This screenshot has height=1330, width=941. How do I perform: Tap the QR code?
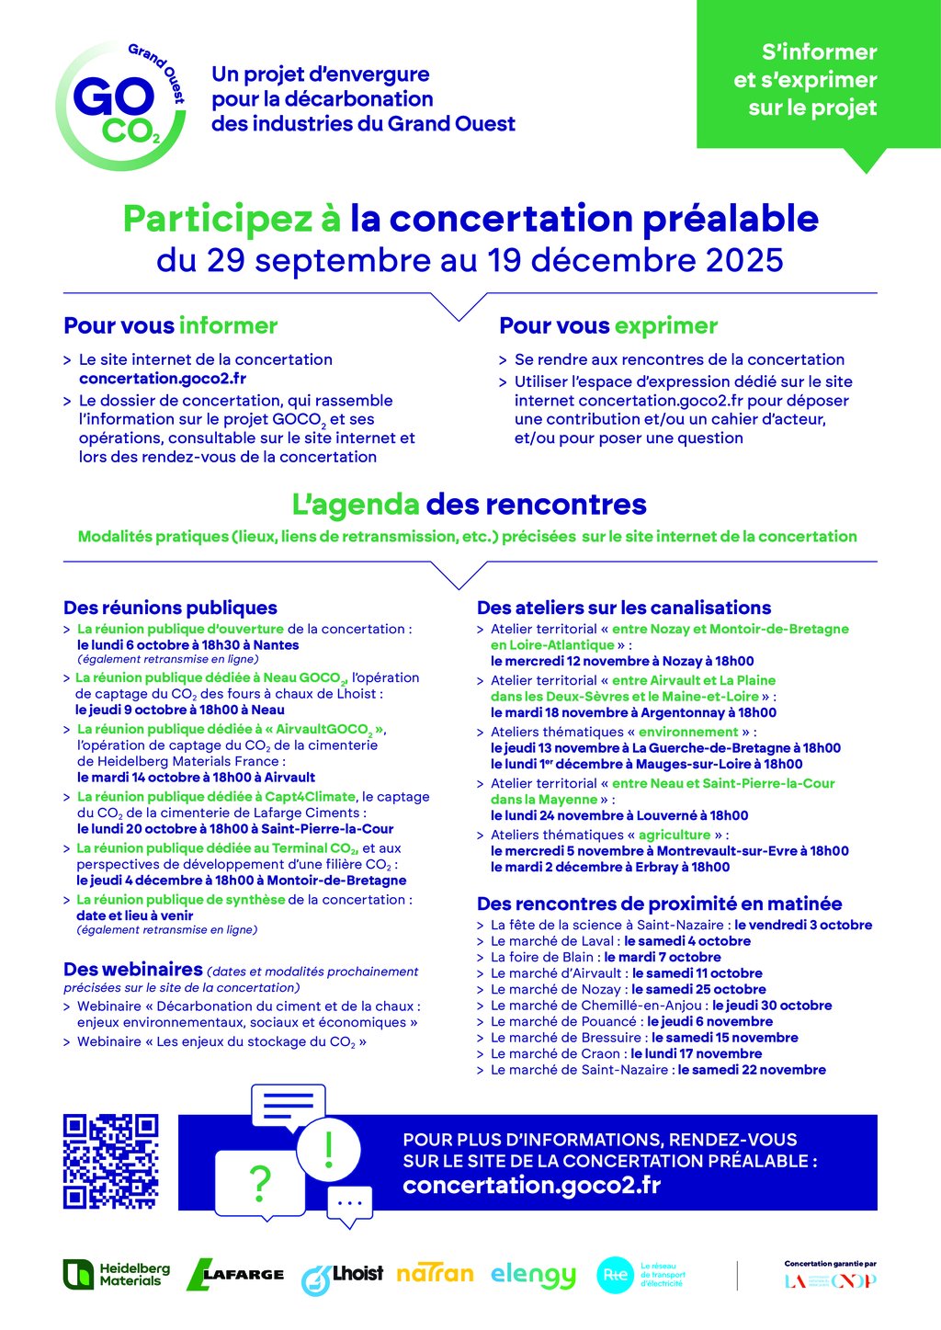pos(110,1161)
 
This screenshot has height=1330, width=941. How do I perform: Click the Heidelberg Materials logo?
pos(117,1274)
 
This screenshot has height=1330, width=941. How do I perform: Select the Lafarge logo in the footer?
pos(235,1274)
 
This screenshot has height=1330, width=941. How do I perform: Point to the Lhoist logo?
pos(342,1276)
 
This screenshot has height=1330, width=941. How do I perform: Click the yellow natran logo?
pos(435,1274)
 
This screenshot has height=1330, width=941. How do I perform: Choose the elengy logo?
pos(533,1275)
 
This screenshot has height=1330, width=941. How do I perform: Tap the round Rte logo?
pos(615,1274)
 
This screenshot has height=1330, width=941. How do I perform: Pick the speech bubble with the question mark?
pos(260,1184)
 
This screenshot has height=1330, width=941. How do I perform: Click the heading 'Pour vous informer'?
pos(170,325)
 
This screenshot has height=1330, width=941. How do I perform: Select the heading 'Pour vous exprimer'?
pos(608,325)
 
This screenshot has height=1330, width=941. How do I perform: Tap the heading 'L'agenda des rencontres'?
pos(469,505)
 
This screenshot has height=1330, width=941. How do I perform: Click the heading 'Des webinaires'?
pos(132,970)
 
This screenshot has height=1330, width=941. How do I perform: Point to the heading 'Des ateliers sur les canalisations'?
pos(624,608)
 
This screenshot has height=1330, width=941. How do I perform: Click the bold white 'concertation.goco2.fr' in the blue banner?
pos(531,1185)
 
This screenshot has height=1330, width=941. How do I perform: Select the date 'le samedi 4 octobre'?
pos(687,941)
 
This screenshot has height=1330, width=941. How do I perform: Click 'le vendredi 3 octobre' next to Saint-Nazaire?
pos(803,925)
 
